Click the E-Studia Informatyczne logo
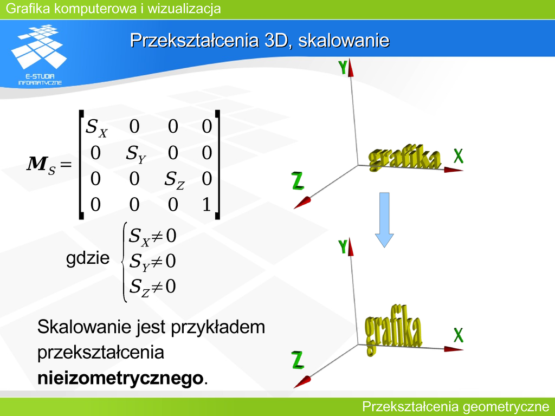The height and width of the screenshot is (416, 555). coord(39,55)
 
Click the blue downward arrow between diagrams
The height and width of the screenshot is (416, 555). coord(384,220)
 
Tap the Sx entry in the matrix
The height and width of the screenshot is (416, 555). coord(96,127)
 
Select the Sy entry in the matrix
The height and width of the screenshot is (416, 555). coord(136,154)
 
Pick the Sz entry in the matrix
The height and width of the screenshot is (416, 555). coord(174,180)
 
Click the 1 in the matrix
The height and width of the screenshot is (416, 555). coord(206,204)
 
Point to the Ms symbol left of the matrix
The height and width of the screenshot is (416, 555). coord(41,165)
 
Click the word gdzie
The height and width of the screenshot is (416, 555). coord(88,258)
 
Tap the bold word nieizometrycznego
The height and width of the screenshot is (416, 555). coord(120,378)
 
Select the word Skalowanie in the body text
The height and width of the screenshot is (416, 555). coord(84,326)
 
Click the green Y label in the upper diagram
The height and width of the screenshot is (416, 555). coord(343,67)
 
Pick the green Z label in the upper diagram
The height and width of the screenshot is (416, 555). coord(298,181)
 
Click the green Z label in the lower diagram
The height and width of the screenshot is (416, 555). coord(298,360)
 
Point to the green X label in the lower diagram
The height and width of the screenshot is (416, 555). coord(459,335)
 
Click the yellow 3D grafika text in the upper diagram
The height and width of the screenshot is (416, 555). coord(405,158)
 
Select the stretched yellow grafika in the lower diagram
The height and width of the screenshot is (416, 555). coord(393,329)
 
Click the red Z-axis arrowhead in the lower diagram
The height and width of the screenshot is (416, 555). coord(302,382)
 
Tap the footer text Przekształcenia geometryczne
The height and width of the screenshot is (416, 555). coord(456,407)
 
